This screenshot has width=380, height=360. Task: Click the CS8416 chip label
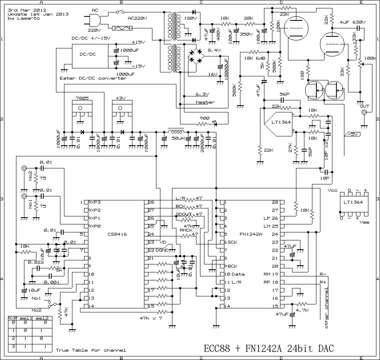point(117,234)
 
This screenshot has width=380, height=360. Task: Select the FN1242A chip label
point(251,234)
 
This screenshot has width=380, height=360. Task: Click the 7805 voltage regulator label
point(81,98)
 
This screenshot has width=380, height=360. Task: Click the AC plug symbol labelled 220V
point(93,20)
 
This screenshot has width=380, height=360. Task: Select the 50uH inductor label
point(178,138)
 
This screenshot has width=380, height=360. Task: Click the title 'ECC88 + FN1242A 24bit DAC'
point(268,348)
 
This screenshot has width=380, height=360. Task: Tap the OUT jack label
point(364,106)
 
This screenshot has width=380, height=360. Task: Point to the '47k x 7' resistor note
point(150,318)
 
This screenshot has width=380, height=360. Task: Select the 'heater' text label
point(205,102)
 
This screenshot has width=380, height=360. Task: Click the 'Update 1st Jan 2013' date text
point(38,14)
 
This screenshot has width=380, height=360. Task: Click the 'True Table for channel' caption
point(91,350)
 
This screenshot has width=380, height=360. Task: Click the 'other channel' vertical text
point(326,308)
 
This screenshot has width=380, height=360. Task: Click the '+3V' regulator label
point(120,98)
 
